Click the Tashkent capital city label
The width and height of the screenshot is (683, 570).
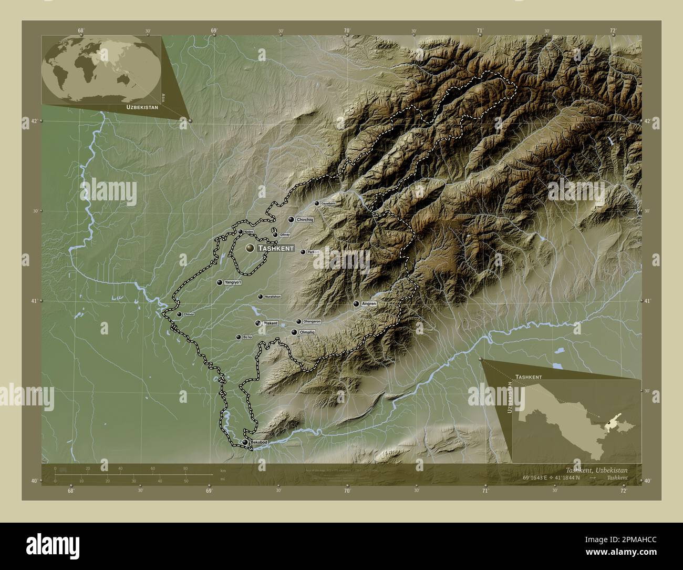click(276, 248)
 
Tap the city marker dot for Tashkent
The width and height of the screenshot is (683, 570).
click(250, 247)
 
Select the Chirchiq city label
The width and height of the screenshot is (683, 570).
click(305, 220)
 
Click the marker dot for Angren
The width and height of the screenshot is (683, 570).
click(356, 304)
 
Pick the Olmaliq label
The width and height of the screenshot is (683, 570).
click(306, 332)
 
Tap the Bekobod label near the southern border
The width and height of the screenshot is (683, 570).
click(259, 443)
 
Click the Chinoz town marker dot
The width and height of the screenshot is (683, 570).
click(179, 314)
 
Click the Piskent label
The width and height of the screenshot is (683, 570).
click(271, 323)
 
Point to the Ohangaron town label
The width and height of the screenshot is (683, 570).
click(312, 321)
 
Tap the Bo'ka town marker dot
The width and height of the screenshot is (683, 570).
click(238, 337)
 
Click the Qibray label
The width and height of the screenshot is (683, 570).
click(285, 235)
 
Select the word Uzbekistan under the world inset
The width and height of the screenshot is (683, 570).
click(142, 107)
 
